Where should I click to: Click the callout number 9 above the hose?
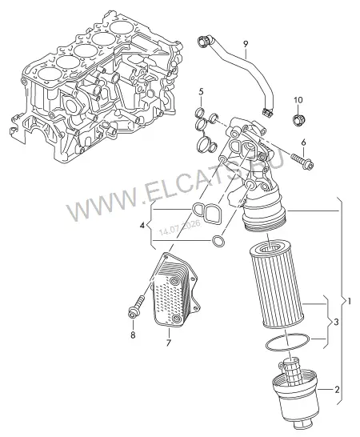[x=246, y=44]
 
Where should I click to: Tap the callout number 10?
[x=298, y=100]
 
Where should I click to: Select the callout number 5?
[x=201, y=91]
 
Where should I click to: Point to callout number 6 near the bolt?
[x=303, y=142]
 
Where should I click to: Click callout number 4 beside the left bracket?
[x=142, y=226]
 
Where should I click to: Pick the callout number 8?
[x=133, y=335]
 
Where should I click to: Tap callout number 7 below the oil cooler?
[x=168, y=343]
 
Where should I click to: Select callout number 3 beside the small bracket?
[x=336, y=323]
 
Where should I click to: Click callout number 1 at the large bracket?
[x=350, y=301]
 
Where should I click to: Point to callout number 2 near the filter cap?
[x=337, y=390]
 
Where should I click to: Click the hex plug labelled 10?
[x=299, y=119]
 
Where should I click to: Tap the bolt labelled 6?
[x=302, y=162]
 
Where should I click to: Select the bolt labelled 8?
[x=136, y=307]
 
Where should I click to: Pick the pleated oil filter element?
[x=277, y=283]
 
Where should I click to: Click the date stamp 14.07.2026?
[x=180, y=227]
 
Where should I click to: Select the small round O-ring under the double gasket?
[x=218, y=241]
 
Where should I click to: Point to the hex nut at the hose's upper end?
[x=202, y=42]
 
